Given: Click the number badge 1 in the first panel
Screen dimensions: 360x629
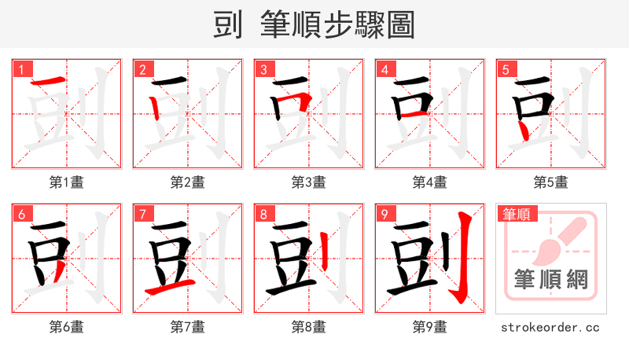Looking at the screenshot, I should [21, 69].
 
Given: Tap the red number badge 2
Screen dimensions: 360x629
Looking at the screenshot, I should [142, 69].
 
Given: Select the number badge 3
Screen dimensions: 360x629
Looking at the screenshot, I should [263, 69].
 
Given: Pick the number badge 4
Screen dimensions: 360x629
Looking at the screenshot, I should [384, 69].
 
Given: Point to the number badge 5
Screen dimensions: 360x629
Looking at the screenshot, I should [506, 69].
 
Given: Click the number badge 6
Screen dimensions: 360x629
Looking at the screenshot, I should [21, 214].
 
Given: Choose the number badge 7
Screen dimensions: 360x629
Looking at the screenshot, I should [142, 214].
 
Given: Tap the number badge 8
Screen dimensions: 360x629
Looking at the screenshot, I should [263, 214].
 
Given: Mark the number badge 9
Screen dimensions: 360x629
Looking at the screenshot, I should [384, 214].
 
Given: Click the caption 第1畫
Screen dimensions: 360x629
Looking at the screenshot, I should [66, 182].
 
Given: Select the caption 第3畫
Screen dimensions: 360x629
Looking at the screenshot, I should [308, 182].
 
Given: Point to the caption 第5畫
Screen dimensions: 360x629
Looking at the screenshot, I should [550, 182].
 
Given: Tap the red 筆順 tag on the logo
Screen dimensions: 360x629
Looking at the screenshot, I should [515, 214].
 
